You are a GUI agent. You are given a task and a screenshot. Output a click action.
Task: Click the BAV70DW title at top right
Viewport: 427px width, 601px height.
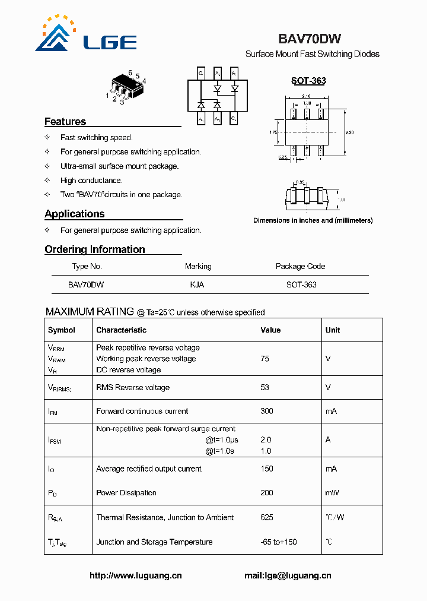coord(309,39)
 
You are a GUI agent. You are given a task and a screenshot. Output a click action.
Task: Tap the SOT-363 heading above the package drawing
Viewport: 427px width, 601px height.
coord(308,81)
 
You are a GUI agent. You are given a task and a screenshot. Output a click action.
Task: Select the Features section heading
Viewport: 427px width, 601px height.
coord(65,122)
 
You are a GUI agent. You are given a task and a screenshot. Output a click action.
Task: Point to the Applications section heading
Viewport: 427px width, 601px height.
coord(75,214)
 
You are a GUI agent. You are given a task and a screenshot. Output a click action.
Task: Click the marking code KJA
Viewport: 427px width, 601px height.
coord(197,284)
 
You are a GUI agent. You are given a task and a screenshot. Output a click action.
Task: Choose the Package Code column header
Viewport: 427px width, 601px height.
coord(300,267)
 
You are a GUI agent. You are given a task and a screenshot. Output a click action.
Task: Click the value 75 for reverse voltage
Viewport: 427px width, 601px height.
coord(265,359)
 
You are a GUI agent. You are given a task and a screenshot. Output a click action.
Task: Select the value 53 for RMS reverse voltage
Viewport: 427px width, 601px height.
coord(265,387)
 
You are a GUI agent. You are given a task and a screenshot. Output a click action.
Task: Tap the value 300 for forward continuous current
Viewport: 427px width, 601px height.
coord(266,411)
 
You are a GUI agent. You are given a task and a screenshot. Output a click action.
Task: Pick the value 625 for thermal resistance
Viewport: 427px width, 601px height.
coord(267,517)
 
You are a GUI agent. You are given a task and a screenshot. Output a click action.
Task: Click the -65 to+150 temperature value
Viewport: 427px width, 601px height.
coord(279,542)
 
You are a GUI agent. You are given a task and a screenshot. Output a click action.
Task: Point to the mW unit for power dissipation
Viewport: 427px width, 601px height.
coord(332,493)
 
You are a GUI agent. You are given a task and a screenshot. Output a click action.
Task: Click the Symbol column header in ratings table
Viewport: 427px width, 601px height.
coord(62,330)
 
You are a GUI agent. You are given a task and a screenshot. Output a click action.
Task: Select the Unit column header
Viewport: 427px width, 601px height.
coord(333,330)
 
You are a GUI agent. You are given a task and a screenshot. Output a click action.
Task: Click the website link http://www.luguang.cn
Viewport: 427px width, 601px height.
coord(136,575)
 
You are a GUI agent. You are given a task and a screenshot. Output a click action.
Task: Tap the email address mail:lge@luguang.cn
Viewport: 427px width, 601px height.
coord(288,575)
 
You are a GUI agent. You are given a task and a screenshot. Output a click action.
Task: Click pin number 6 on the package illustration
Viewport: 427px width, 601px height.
coord(130,72)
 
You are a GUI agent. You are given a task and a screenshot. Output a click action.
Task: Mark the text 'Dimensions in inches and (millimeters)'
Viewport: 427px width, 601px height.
coord(313,220)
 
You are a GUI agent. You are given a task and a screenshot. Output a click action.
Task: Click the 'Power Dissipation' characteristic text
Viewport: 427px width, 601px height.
coord(126,493)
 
